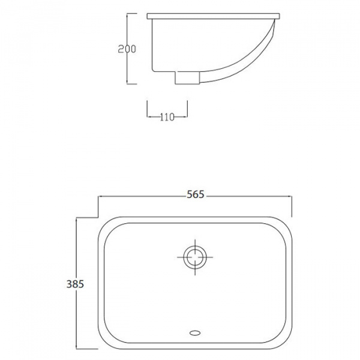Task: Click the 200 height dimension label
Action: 125,49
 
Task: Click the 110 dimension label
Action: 167,117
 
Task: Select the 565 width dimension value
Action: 196,194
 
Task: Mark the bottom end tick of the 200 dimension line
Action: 128,83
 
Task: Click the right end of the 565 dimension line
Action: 292,196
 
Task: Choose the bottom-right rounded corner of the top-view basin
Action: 284,339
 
